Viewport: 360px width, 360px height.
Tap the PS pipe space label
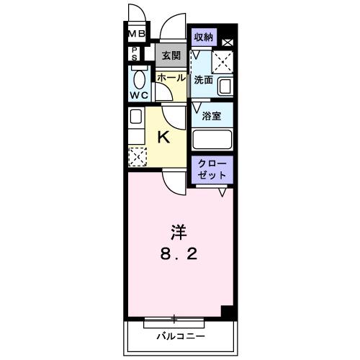tap(135, 53)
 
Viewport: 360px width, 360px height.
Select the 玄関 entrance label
tap(170, 55)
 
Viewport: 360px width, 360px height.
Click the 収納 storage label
tap(203, 35)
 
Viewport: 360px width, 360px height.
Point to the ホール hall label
tap(171, 77)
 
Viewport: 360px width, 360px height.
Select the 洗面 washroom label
tap(202, 80)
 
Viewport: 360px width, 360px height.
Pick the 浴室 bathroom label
tap(211, 115)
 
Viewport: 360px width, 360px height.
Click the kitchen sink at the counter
tap(135, 116)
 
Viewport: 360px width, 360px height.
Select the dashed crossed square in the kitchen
tap(135, 155)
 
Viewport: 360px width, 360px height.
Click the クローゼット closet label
tap(212, 169)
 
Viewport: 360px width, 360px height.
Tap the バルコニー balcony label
tap(180, 336)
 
